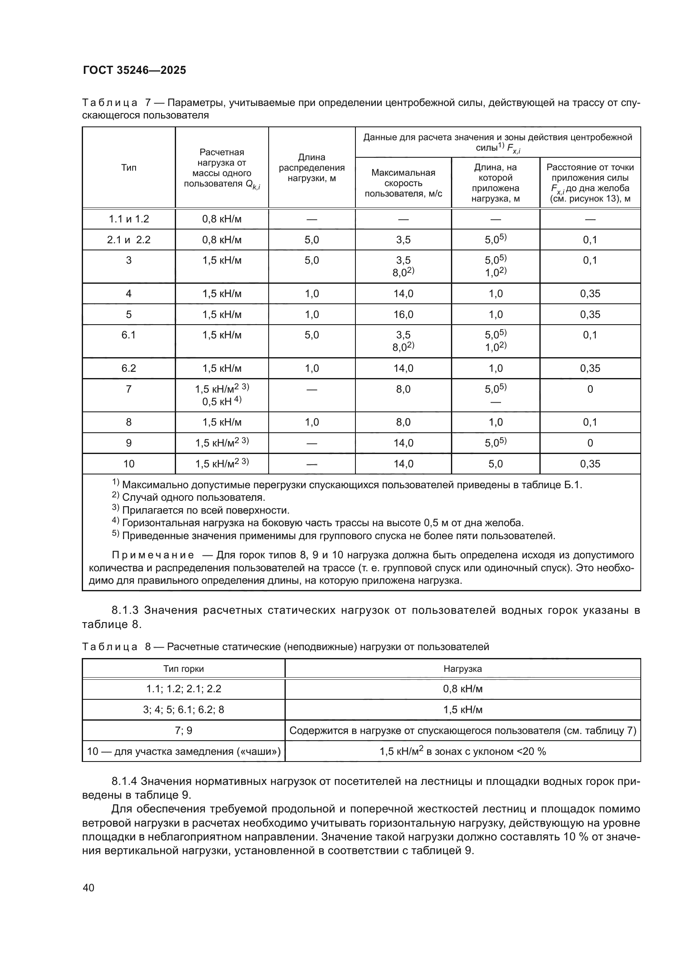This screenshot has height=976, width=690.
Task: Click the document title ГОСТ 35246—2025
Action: point(134,70)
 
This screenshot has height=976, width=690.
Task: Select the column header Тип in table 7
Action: point(129,167)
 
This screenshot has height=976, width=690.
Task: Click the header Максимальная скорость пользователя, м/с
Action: point(403,183)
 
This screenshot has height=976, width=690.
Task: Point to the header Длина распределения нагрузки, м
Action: point(312,167)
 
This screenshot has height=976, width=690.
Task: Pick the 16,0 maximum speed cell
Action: point(403,314)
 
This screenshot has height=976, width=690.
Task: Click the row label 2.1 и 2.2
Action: point(129,240)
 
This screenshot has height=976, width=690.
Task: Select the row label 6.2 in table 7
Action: point(129,368)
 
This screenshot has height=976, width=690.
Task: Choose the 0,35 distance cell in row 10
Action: point(590,464)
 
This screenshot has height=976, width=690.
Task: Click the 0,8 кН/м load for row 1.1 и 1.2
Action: point(222,219)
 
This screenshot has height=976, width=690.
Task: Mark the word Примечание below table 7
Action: point(153,555)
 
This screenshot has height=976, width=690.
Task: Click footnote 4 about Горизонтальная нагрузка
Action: point(322,522)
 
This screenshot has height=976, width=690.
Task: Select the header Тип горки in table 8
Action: point(184,668)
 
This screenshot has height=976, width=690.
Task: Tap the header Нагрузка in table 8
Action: point(462,668)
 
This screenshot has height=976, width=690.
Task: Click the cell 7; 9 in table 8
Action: point(184,730)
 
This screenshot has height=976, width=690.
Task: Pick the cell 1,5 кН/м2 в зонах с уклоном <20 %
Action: point(462,751)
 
